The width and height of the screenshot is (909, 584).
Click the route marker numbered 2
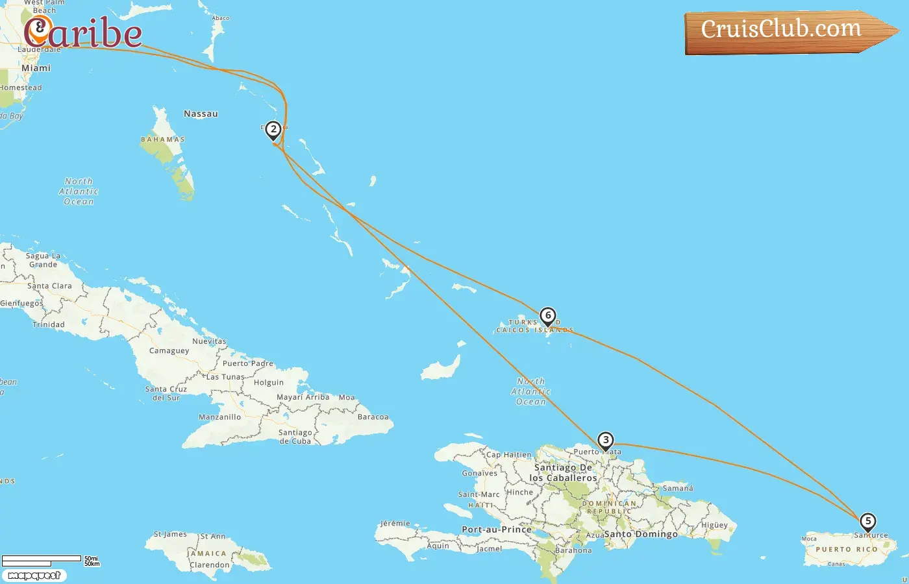click(273, 130)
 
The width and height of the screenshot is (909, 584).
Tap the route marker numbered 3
click(605, 441)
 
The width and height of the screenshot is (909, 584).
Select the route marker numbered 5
click(867, 521)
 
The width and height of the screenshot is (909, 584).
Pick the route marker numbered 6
click(548, 316)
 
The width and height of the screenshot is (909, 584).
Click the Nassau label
click(201, 114)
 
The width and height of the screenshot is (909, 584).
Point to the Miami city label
click(36, 68)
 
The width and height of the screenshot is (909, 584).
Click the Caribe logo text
click(83, 32)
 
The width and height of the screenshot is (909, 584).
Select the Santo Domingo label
click(641, 534)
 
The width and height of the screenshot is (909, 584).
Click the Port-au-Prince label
click(497, 529)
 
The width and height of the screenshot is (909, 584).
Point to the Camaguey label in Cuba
click(169, 351)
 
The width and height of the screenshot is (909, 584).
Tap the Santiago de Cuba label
click(295, 437)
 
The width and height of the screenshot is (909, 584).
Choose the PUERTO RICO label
click(846, 550)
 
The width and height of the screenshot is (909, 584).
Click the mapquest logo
click(34, 575)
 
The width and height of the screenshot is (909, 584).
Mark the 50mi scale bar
click(42, 559)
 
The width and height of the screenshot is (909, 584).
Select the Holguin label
click(269, 383)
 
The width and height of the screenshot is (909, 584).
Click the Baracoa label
click(373, 417)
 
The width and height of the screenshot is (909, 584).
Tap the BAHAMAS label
click(162, 140)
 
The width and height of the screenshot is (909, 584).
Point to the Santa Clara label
click(49, 286)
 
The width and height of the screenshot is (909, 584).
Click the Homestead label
click(21, 88)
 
